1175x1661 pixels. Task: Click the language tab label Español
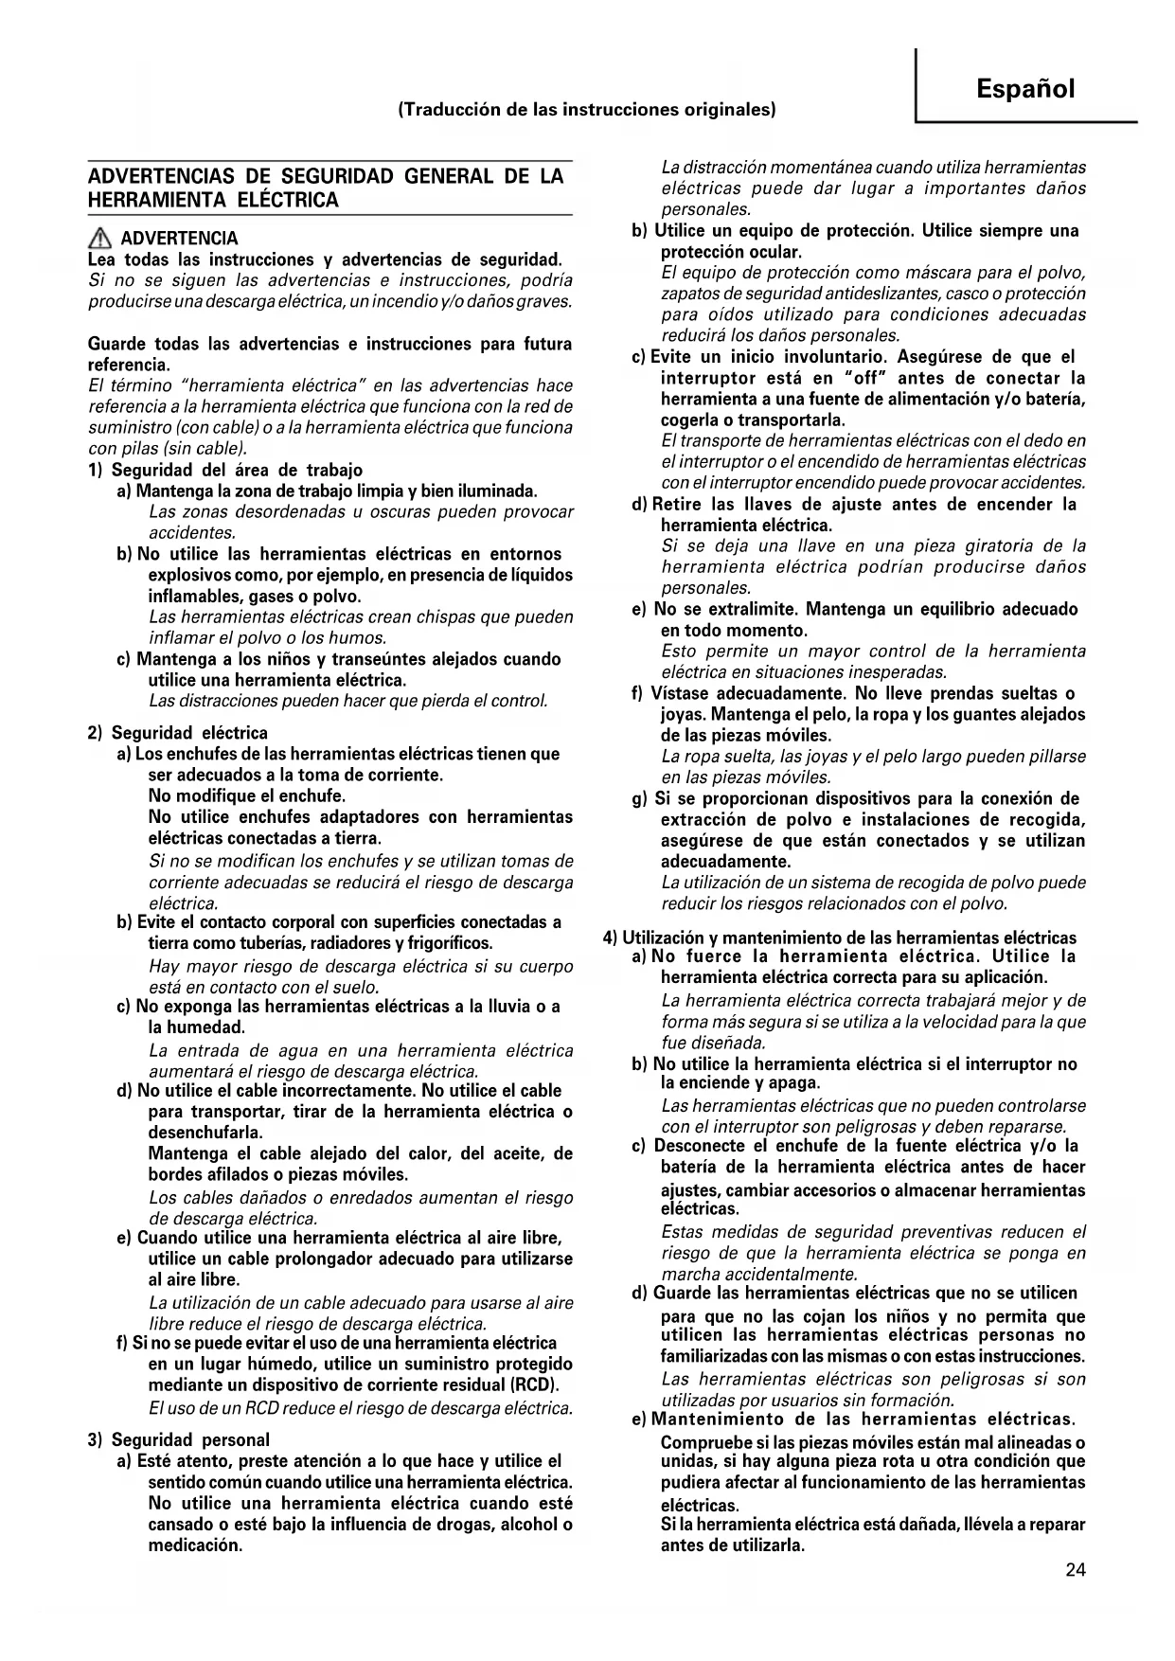[x=1025, y=89]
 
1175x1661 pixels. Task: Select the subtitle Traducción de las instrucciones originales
[x=587, y=110]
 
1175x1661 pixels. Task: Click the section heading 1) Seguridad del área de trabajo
[x=225, y=471]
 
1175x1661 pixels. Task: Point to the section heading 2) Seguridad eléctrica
[x=178, y=733]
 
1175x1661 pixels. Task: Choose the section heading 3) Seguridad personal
[x=179, y=1440]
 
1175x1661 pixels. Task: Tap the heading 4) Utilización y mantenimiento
[x=840, y=938]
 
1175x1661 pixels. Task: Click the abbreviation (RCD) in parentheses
[x=535, y=1385]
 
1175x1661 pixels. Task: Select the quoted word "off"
[x=862, y=379]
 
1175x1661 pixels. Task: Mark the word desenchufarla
[x=205, y=1133]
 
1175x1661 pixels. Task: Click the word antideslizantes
[x=862, y=295]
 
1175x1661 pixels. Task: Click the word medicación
[x=195, y=1546]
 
